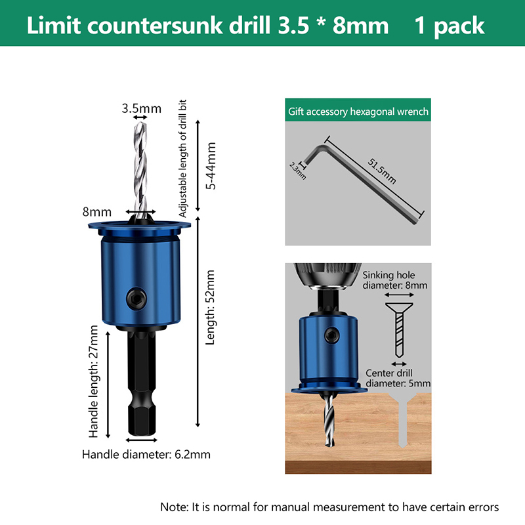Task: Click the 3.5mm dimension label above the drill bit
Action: (141, 108)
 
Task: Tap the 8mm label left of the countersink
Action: (96, 212)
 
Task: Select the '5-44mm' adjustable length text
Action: (211, 166)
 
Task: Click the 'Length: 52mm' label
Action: (210, 307)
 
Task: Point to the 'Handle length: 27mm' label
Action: (93, 381)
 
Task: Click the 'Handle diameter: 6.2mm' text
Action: (146, 454)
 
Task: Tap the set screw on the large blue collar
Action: (136, 298)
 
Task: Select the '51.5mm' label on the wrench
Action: (382, 171)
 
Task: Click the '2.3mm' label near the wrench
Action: (298, 171)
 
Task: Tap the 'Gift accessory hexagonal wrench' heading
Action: (358, 111)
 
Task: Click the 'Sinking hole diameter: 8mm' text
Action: (395, 280)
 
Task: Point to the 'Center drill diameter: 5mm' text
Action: (398, 378)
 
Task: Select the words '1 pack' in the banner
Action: (450, 26)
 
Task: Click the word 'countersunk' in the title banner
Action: (155, 26)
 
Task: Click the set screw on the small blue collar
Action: (331, 335)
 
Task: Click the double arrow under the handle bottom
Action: (141, 440)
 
